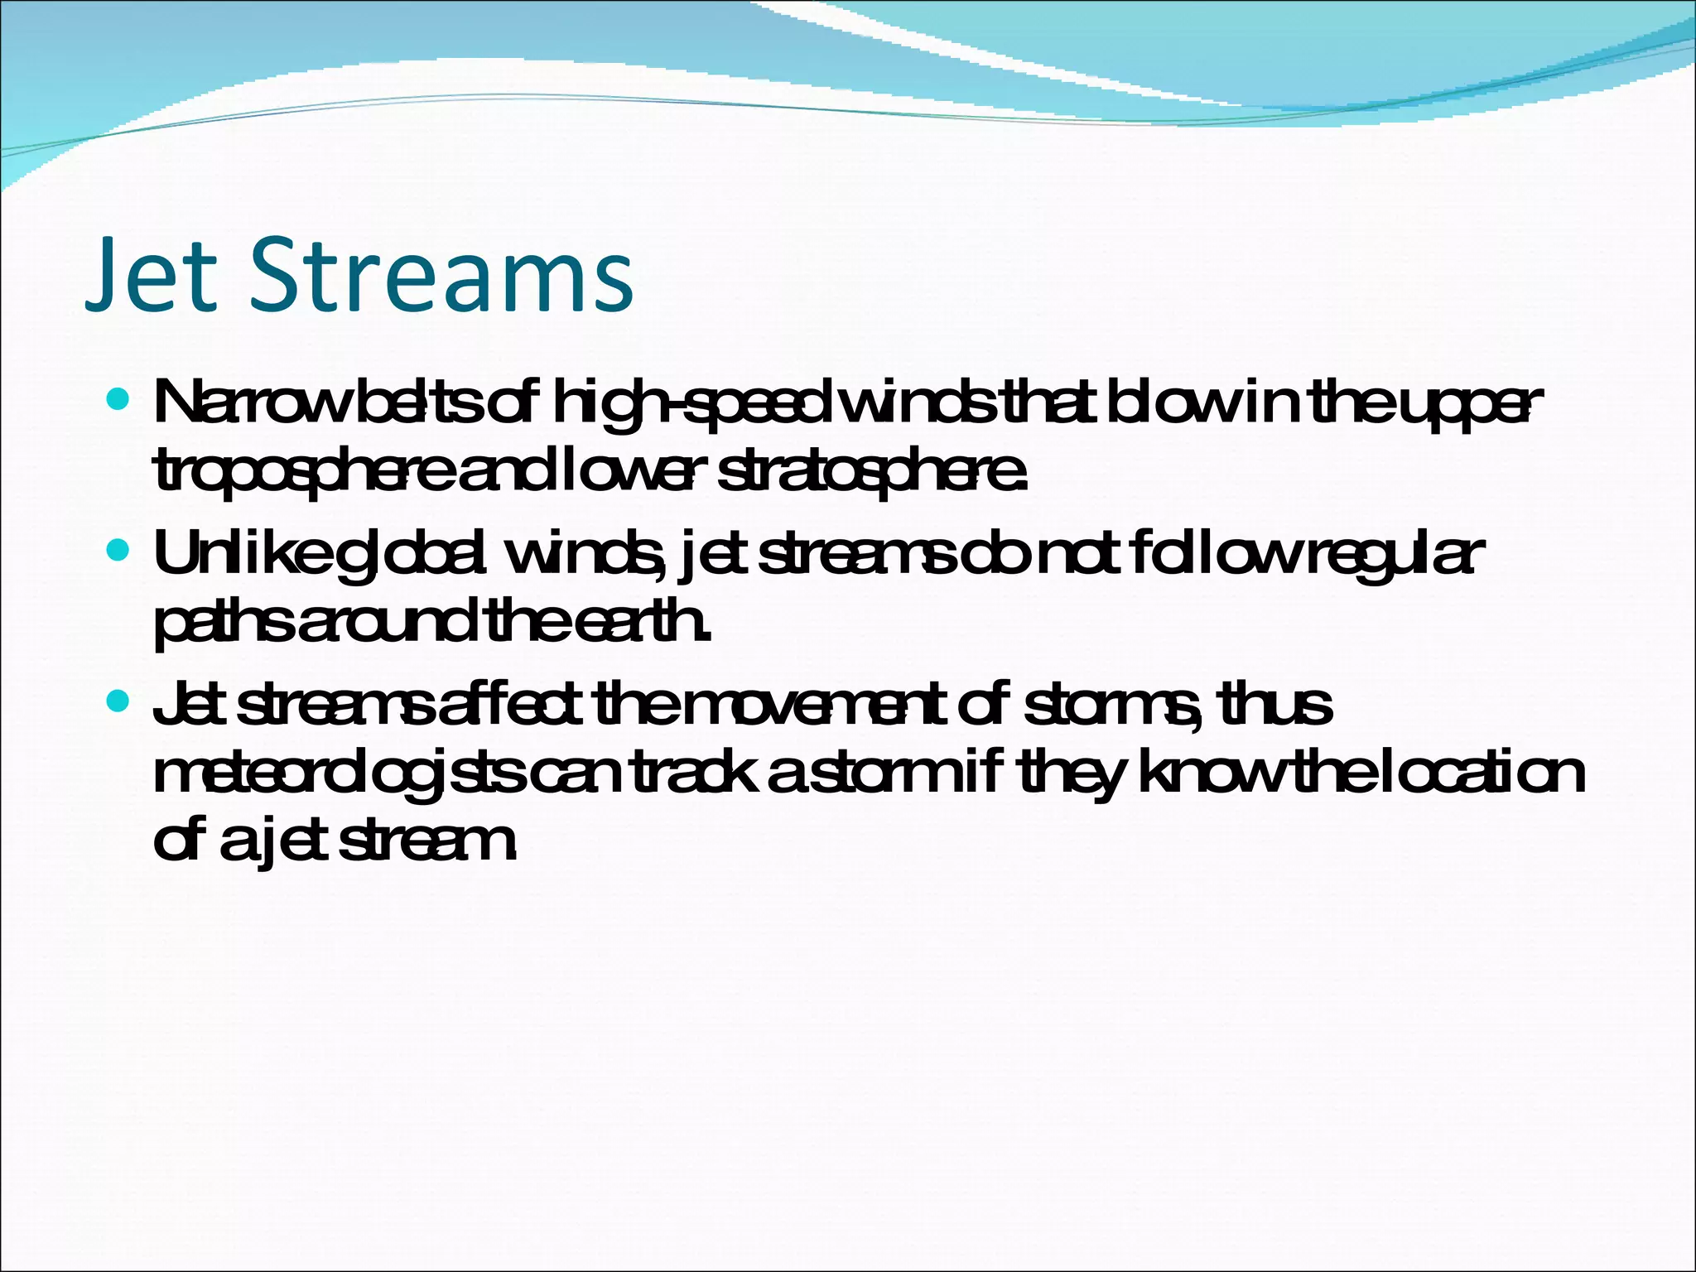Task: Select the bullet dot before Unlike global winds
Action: click(x=119, y=550)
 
